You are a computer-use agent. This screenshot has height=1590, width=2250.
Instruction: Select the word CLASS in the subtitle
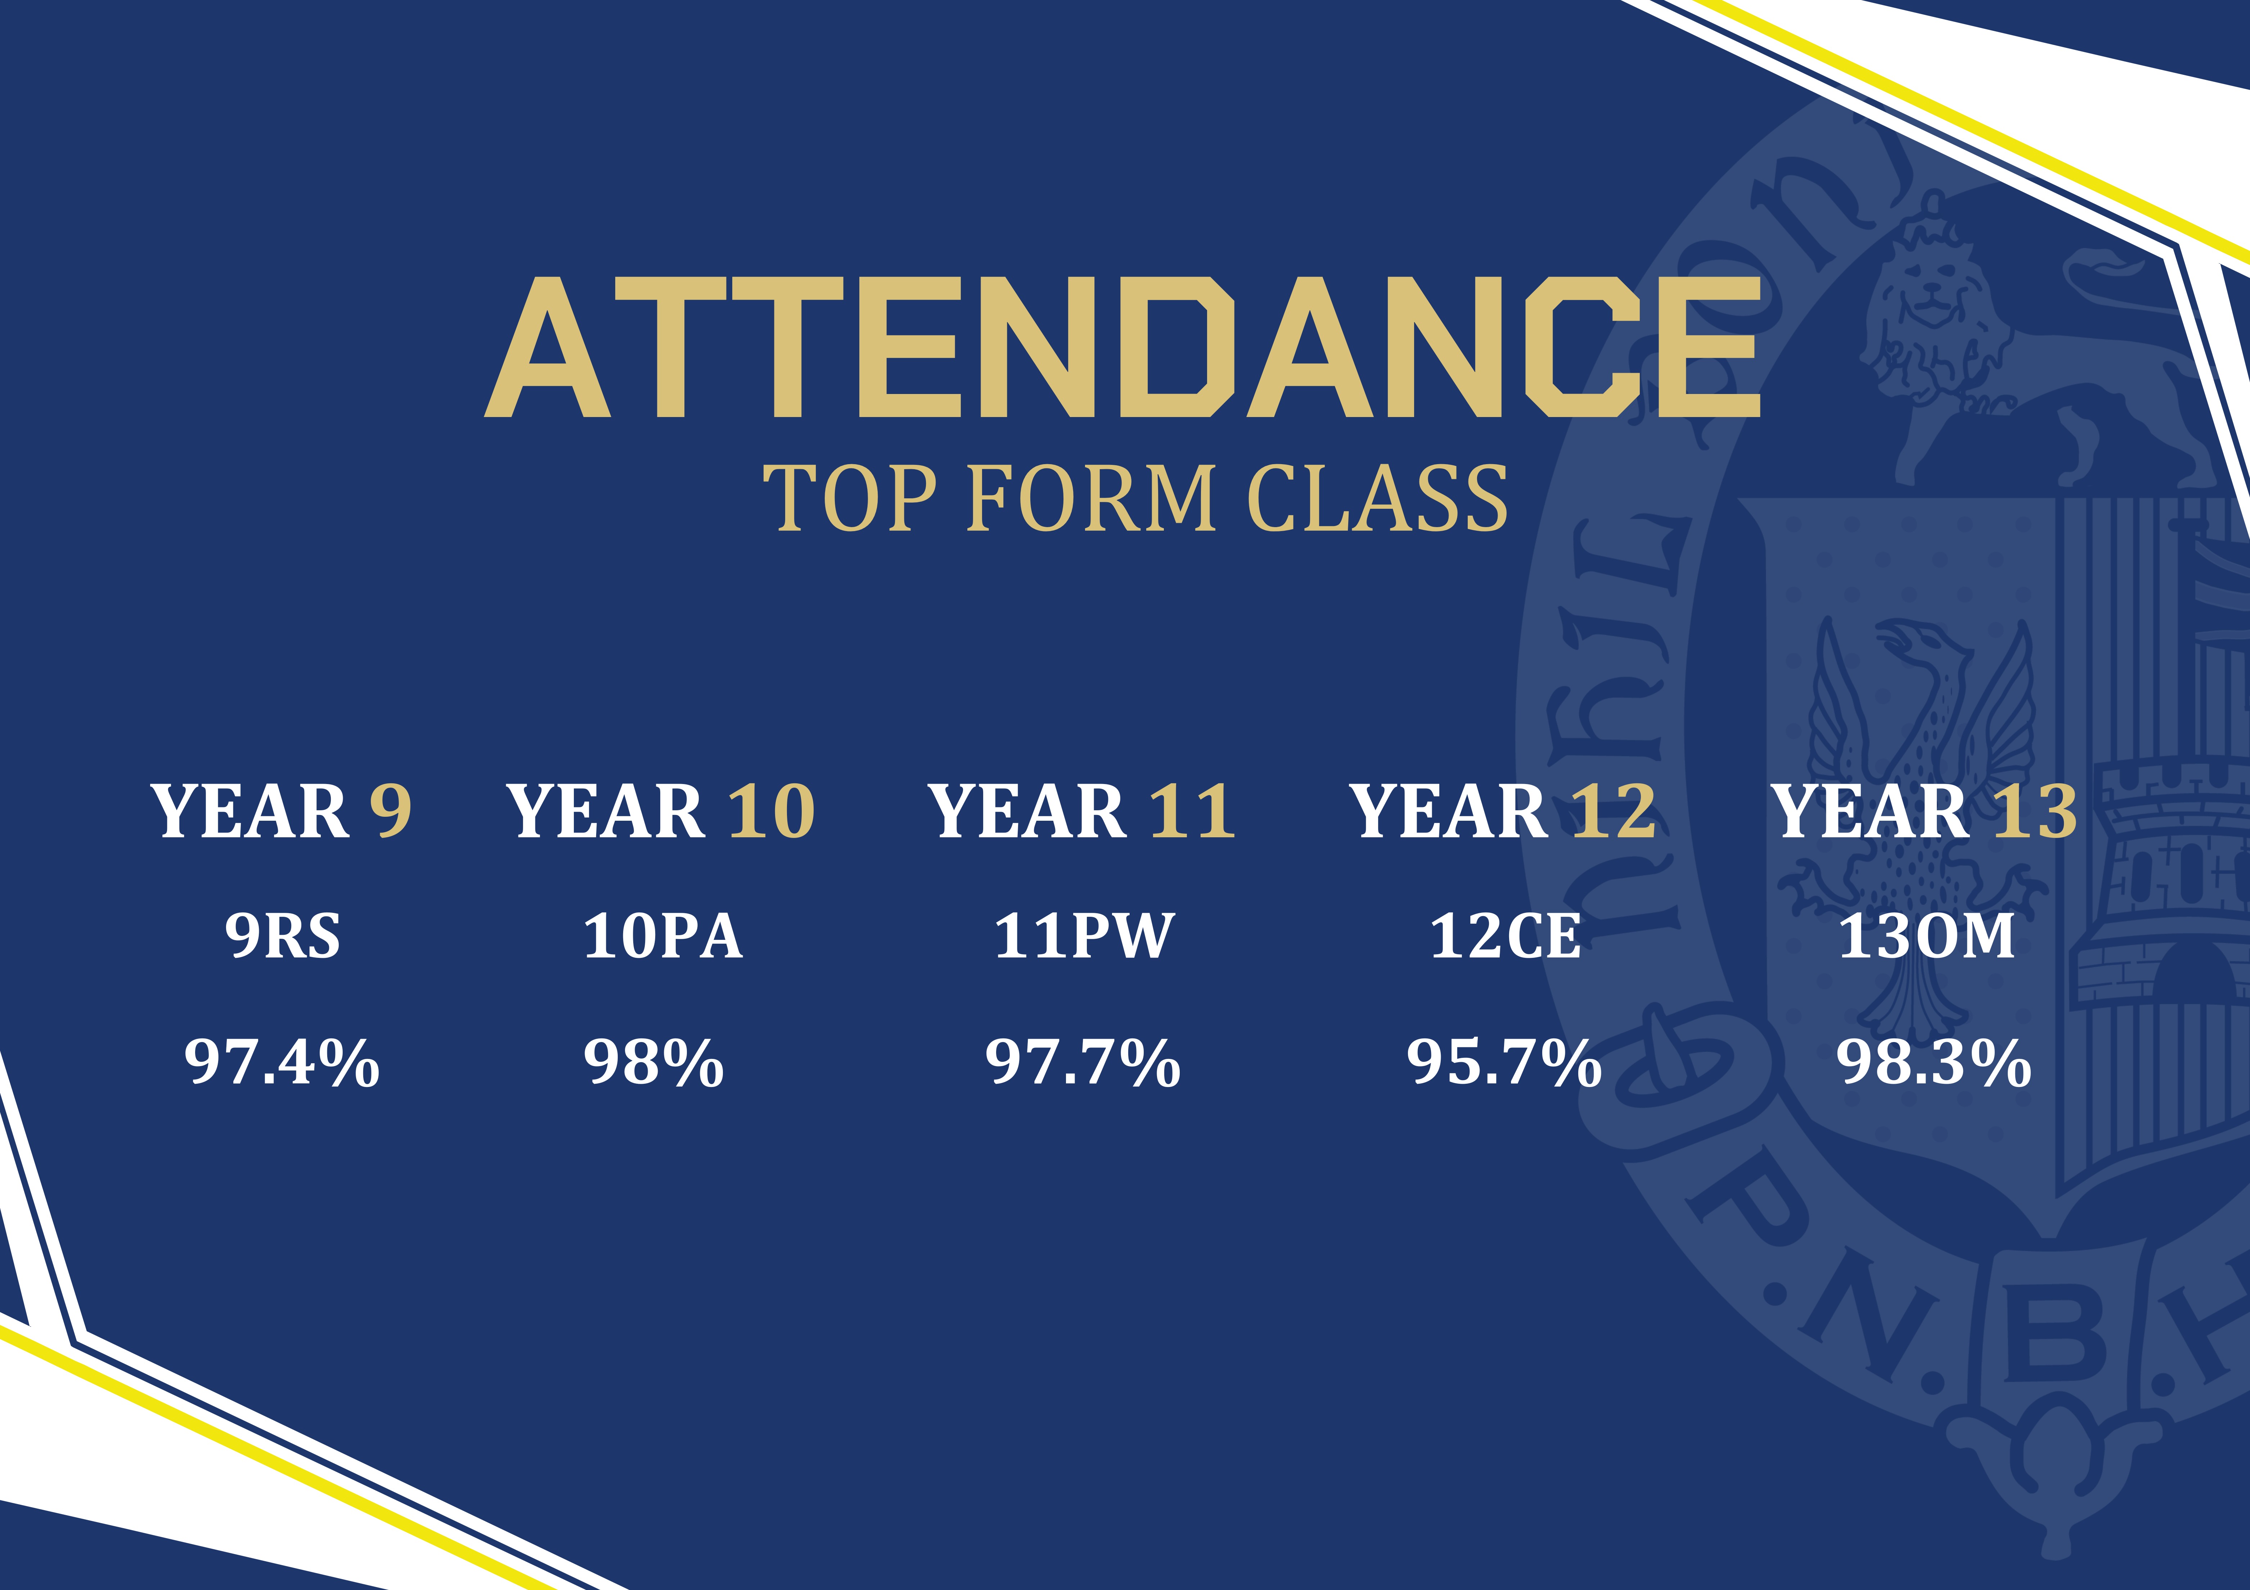(1377, 499)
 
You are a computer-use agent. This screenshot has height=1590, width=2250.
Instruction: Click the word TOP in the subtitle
(850, 499)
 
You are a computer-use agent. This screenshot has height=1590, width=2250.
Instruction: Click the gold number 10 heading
(771, 811)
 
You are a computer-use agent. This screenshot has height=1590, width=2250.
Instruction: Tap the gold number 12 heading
(1614, 811)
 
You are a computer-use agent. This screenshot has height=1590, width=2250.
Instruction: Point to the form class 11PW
(1084, 936)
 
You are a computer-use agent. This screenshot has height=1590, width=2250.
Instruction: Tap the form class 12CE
(1505, 936)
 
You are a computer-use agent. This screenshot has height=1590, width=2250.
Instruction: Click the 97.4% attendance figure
(282, 1062)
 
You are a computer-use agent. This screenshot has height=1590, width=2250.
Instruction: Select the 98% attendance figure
(654, 1062)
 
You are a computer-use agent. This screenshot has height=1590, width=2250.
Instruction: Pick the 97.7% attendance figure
(1083, 1062)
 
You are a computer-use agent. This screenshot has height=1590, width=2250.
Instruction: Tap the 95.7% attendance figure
(1504, 1062)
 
